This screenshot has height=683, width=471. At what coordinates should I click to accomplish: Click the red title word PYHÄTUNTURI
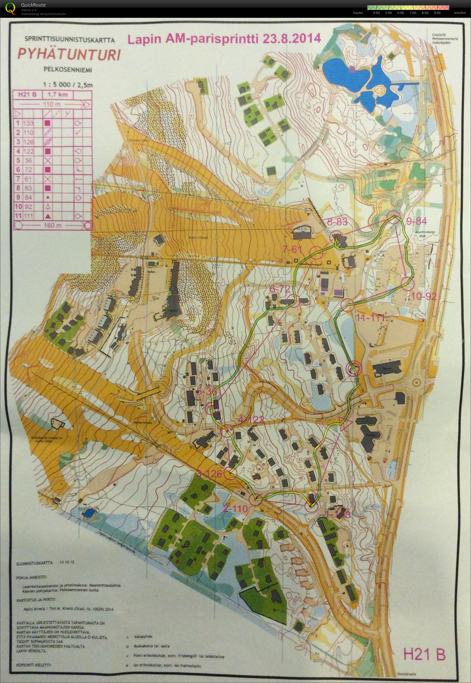point(69,54)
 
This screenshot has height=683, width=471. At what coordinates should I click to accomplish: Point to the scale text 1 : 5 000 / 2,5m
point(67,85)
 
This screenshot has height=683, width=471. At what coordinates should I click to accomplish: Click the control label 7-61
point(292,249)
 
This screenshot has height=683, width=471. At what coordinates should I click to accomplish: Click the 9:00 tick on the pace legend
point(437,13)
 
